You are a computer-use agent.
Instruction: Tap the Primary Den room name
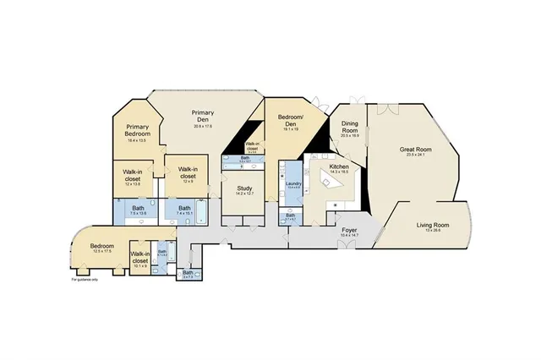point(202,116)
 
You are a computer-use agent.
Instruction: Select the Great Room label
point(415,150)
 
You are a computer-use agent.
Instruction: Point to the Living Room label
point(432,225)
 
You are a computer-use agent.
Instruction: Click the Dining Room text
point(350,128)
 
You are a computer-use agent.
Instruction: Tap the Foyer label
point(347,229)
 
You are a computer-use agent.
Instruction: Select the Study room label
point(245,188)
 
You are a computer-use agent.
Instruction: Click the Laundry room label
point(294,183)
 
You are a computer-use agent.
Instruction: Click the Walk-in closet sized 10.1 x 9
point(139,259)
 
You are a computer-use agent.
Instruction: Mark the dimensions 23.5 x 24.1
point(415,155)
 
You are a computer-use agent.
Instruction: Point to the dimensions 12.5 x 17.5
point(102,251)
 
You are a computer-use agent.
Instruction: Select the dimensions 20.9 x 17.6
point(202,126)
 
